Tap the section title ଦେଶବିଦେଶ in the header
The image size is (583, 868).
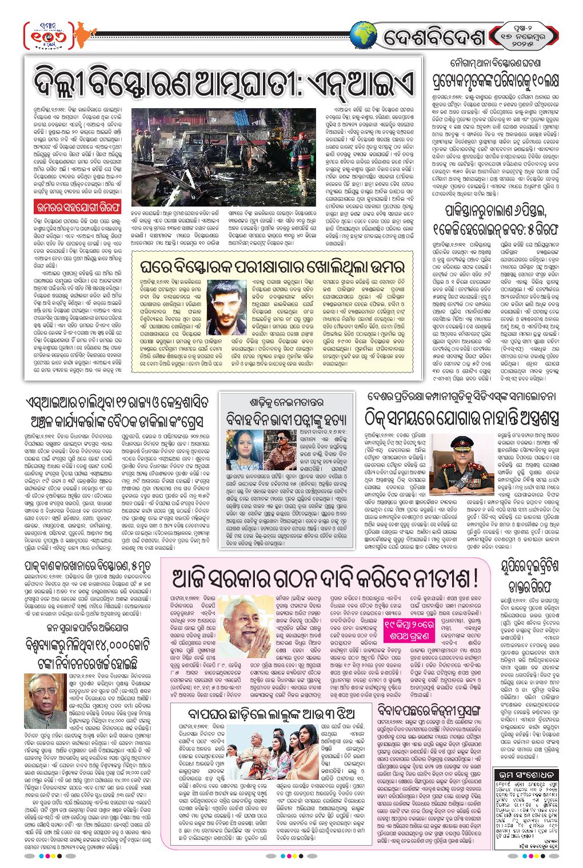pos(434,38)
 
